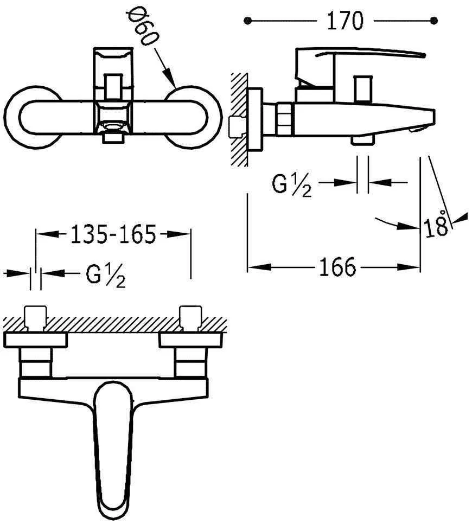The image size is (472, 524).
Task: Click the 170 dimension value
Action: coord(345,21)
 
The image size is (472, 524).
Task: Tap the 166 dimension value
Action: coord(337,267)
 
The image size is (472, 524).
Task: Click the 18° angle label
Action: coord(437,225)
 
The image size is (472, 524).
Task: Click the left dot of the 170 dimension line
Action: coord(248,21)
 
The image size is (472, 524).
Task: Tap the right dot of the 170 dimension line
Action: coord(433,21)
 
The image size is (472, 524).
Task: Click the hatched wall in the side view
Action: coord(239,119)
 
